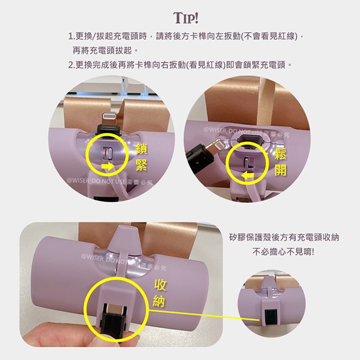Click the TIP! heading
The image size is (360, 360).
[186, 18]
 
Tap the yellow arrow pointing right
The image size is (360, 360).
[107, 166]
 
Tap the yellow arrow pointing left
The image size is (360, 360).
[248, 176]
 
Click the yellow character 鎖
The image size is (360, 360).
[141, 149]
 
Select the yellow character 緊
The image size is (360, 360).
[141, 165]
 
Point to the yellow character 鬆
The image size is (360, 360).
[281, 153]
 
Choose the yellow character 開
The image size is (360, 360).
[281, 169]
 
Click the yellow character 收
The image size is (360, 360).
[160, 285]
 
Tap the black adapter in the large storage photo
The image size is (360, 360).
[113, 320]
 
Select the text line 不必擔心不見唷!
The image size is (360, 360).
[284, 252]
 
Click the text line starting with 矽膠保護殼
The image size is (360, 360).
[284, 238]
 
